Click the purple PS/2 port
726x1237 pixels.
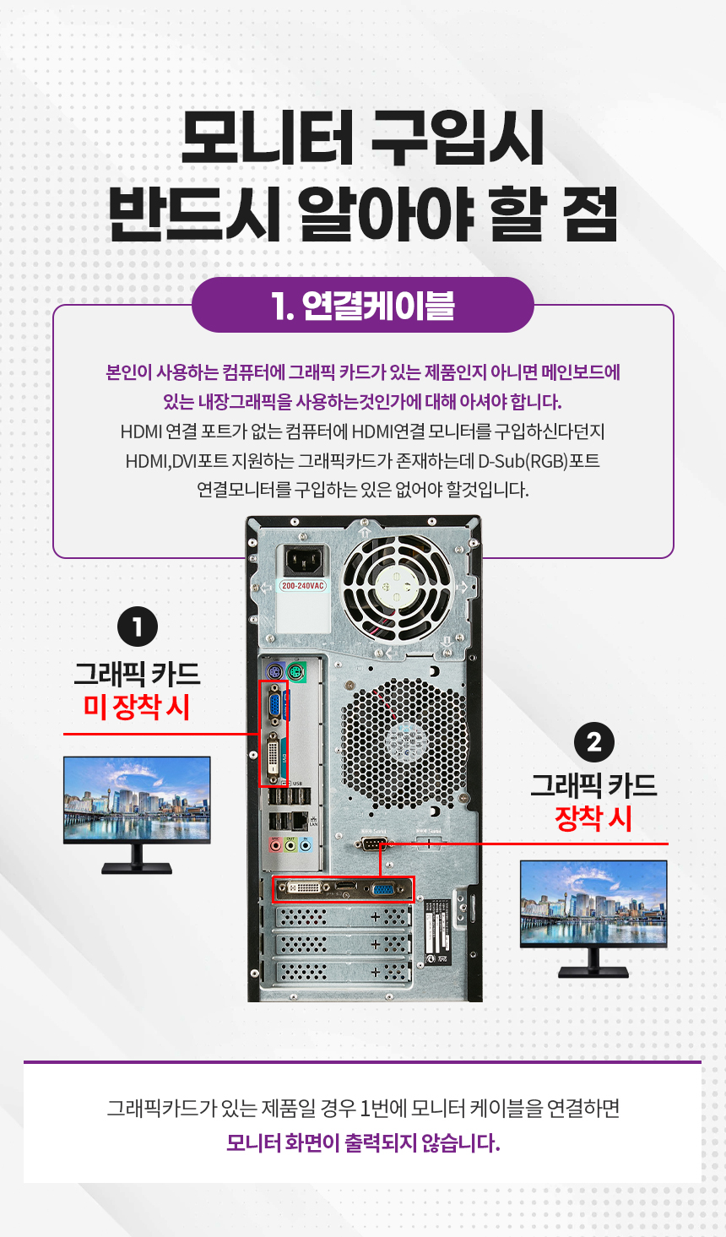(274, 672)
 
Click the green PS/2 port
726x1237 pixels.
(296, 673)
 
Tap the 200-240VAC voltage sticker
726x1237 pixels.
(302, 585)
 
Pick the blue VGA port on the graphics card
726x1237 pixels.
(382, 888)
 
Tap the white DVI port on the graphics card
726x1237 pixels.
(305, 887)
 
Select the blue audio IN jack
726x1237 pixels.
(306, 844)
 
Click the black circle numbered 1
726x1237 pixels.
(138, 627)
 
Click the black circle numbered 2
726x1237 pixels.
(594, 742)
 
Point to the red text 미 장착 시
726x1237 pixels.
(137, 707)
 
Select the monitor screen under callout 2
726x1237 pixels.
(593, 902)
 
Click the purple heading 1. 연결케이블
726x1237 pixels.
(363, 306)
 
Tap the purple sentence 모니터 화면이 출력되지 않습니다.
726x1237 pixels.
(363, 1142)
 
